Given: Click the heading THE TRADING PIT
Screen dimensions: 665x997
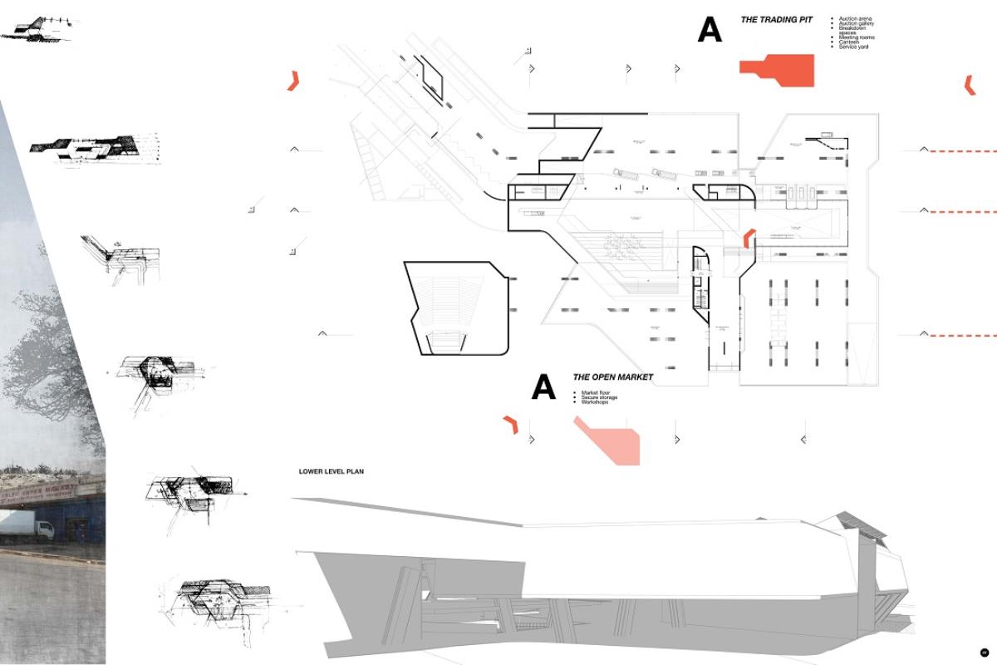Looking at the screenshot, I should (x=776, y=19).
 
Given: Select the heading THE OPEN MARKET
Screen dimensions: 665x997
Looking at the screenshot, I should (x=612, y=377).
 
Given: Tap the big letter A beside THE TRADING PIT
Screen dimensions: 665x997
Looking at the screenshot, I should (x=710, y=29).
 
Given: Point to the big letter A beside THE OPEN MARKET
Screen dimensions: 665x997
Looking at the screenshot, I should (x=543, y=387).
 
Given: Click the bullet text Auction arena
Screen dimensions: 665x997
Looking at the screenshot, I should (x=855, y=18).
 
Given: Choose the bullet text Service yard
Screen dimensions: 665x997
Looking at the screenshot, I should (x=853, y=47).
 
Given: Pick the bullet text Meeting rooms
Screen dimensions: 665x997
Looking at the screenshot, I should (x=856, y=37).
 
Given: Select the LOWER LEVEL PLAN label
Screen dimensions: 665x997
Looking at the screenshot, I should (x=331, y=471).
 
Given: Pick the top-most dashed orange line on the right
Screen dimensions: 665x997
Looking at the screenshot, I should (x=962, y=151).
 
